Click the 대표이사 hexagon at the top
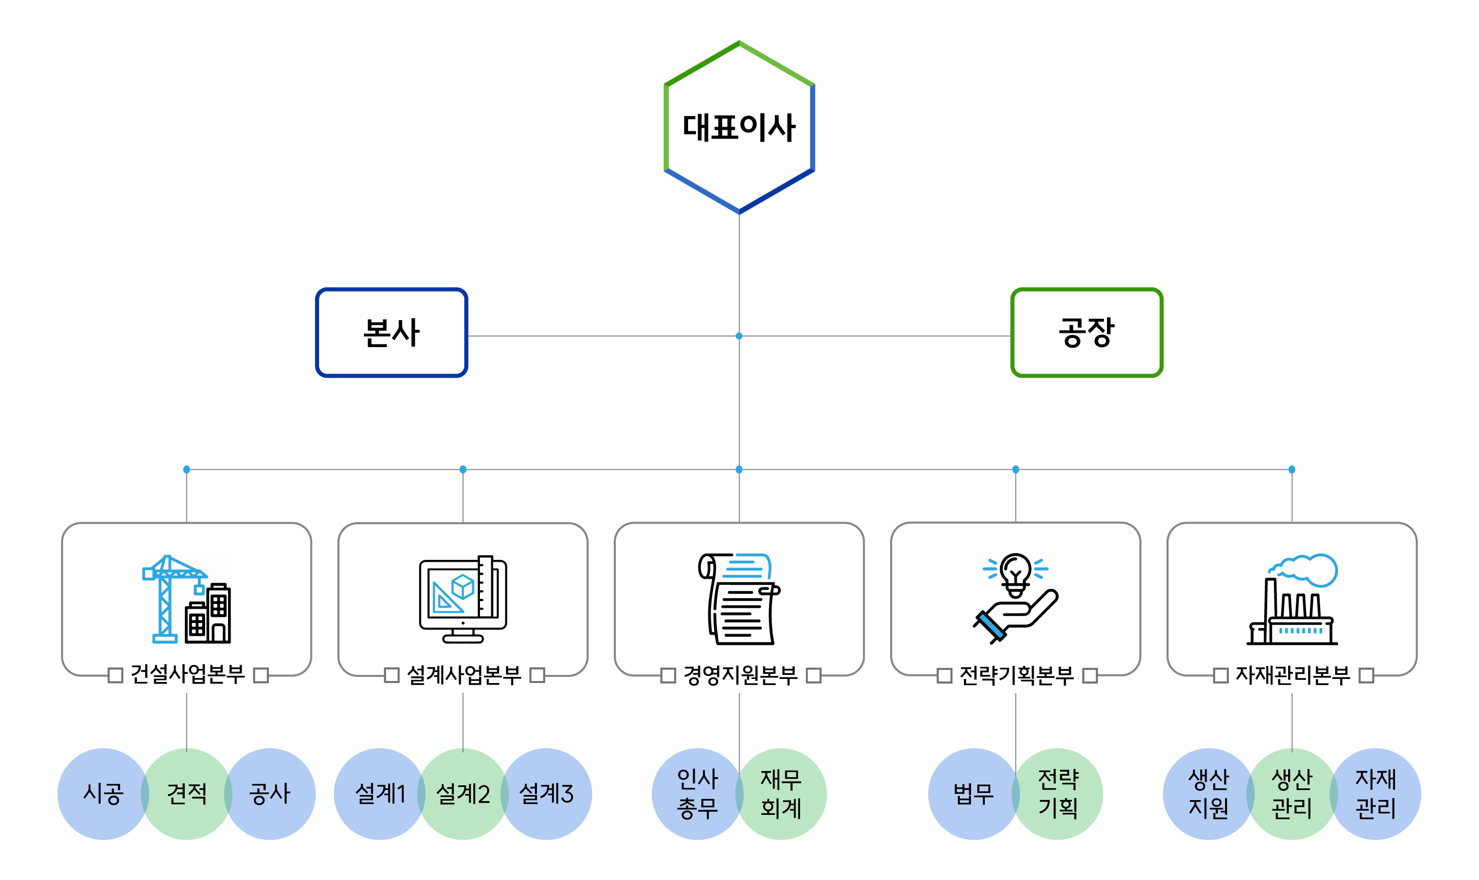tap(738, 127)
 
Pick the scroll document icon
tap(738, 599)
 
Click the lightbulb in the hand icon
tap(1015, 599)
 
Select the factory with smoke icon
tap(1292, 599)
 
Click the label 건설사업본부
tap(187, 674)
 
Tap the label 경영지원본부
tap(740, 675)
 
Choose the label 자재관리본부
tap(1292, 675)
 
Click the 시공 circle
tap(102, 793)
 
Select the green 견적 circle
tap(186, 793)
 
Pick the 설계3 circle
tap(546, 793)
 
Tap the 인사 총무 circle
tap(697, 793)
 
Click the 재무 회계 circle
tap(781, 793)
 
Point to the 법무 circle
tap(973, 793)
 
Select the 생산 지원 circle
tap(1208, 793)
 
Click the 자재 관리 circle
tap(1375, 793)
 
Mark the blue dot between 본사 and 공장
tap(738, 335)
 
